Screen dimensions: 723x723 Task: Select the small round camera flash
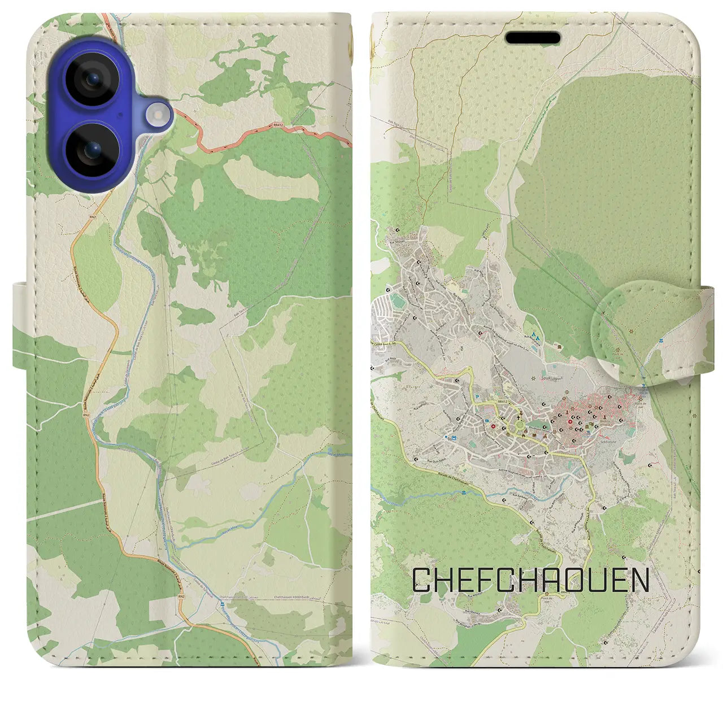pyautogui.click(x=159, y=116)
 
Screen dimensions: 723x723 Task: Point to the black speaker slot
pyautogui.click(x=533, y=38)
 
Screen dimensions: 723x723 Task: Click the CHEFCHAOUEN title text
pyautogui.click(x=530, y=580)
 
